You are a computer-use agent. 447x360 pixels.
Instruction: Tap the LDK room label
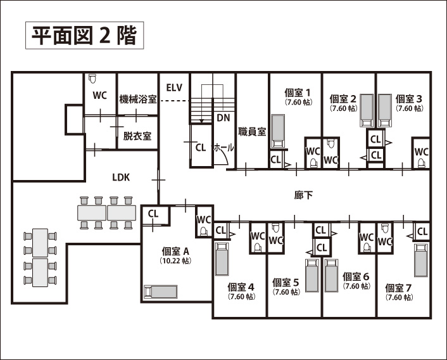121,177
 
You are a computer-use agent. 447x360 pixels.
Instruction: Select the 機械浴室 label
138,100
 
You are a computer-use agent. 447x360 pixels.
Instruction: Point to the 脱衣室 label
137,136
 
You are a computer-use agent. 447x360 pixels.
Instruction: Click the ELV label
174,87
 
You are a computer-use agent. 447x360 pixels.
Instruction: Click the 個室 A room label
176,250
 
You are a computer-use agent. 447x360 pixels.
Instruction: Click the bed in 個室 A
161,292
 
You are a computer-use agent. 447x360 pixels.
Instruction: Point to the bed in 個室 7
420,259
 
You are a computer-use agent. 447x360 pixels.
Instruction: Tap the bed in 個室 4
221,259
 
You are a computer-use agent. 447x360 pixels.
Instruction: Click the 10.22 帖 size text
176,260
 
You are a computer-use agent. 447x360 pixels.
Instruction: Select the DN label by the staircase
223,118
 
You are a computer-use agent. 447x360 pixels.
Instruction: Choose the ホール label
223,147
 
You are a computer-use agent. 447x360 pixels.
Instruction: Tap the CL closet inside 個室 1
276,159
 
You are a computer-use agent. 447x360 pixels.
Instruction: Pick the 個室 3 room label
409,99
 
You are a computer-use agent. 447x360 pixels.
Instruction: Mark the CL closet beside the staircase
201,147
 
